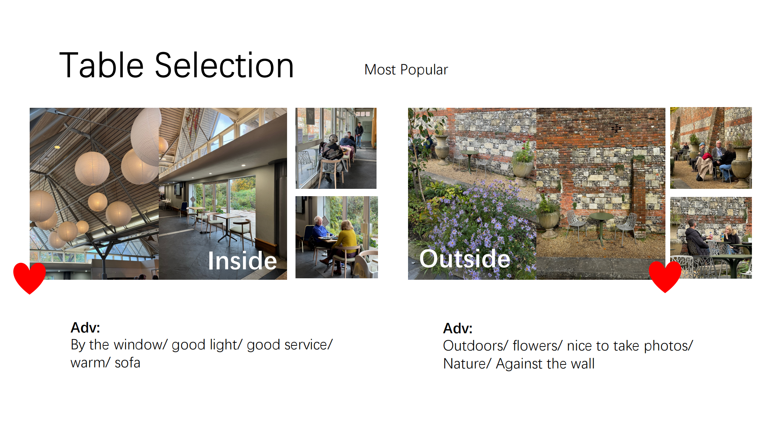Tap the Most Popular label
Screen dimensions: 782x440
[406, 70]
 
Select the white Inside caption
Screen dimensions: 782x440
[242, 261]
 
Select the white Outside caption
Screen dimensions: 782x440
[465, 258]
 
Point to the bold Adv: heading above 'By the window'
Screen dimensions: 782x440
[85, 327]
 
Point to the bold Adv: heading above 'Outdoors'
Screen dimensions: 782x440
[458, 328]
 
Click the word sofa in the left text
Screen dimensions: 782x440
[128, 363]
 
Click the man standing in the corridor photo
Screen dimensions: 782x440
[359, 135]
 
